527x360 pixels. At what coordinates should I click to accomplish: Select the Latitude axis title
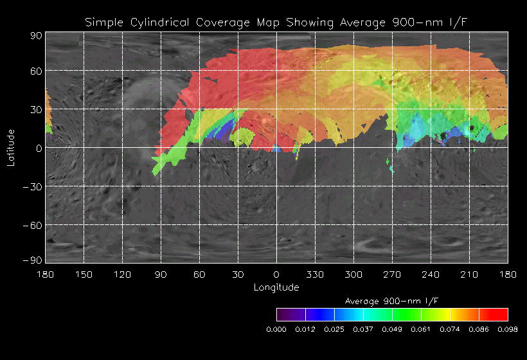11,147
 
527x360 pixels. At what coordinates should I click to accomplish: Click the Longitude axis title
276,287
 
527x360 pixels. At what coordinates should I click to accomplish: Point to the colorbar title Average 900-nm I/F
392,301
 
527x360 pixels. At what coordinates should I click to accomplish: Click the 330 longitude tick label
315,274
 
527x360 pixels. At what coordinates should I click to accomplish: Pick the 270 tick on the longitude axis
392,274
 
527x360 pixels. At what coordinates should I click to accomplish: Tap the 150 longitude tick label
84,274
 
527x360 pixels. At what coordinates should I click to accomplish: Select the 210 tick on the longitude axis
469,274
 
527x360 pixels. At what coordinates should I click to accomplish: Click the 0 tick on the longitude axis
276,274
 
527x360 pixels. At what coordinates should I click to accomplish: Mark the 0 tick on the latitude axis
39,148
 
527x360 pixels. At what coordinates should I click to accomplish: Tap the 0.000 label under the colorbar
276,329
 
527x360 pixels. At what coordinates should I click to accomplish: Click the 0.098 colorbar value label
508,329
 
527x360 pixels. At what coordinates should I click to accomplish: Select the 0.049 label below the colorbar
392,329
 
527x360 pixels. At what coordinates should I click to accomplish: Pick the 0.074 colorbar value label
450,329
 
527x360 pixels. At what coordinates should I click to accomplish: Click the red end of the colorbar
501,314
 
